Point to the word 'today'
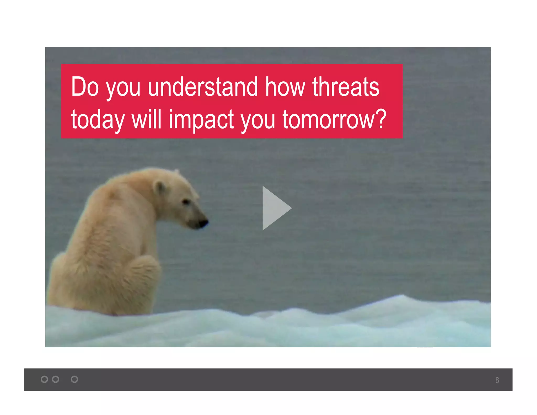pyautogui.click(x=98, y=120)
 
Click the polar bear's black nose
pyautogui.click(x=203, y=223)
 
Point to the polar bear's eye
pyautogui.click(x=186, y=202)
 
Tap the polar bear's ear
pyautogui.click(x=159, y=187)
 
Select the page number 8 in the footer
pyautogui.click(x=497, y=380)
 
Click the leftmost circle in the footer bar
pyautogui.click(x=44, y=379)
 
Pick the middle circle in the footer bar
pyautogui.click(x=56, y=379)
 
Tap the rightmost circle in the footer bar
pyautogui.click(x=74, y=379)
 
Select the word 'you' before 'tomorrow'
pyautogui.click(x=258, y=120)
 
